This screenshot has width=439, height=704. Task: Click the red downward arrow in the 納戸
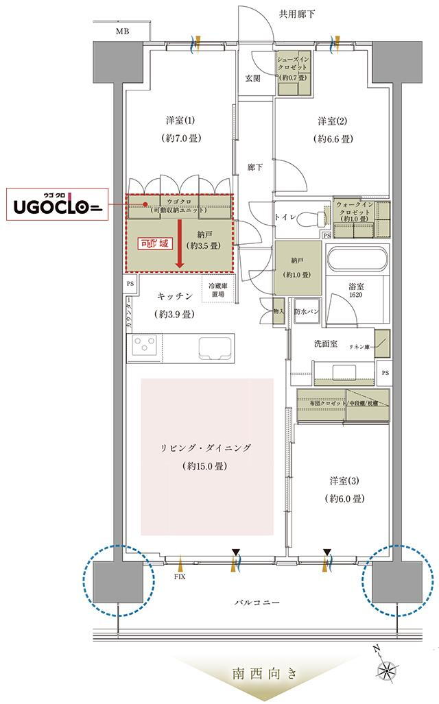tap(180, 245)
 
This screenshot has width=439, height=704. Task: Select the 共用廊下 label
tap(296, 14)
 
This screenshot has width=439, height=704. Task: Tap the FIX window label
tap(180, 576)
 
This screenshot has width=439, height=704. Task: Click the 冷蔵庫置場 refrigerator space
tap(220, 290)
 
